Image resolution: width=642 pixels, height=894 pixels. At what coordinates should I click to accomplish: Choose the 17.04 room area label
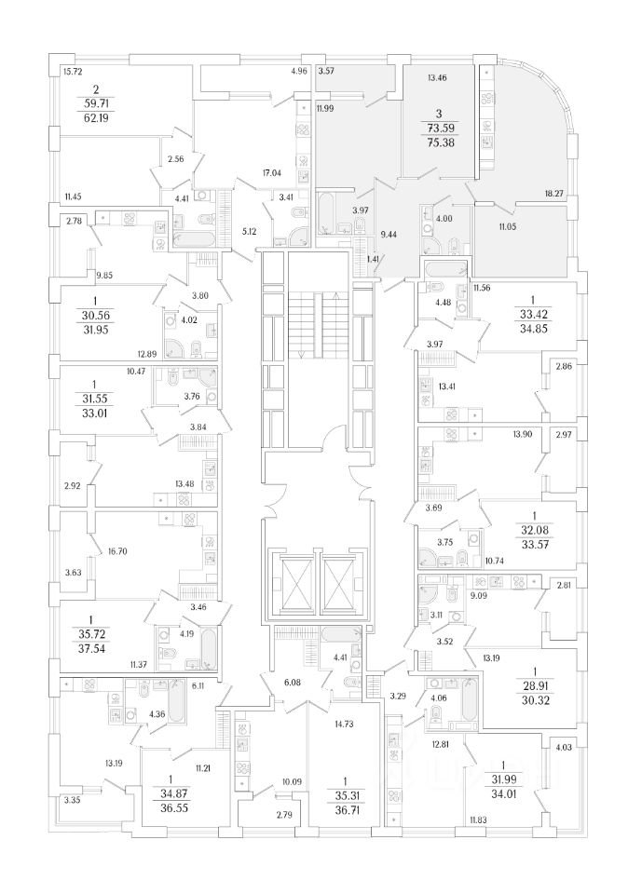tap(272, 173)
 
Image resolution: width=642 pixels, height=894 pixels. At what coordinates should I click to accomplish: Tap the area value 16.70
tap(116, 551)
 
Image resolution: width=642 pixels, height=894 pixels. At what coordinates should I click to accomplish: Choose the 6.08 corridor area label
tap(293, 684)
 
